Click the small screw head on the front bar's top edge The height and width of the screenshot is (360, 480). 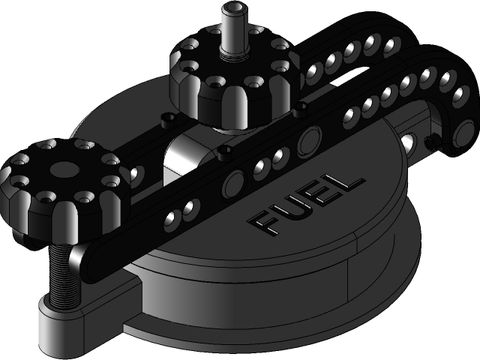[222, 154]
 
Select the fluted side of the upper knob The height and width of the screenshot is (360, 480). [225, 109]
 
